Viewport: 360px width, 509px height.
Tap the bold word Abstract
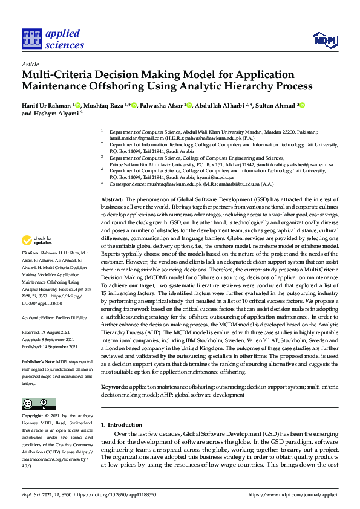[x=112, y=199]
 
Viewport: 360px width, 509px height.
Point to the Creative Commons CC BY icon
[x=39, y=404]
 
